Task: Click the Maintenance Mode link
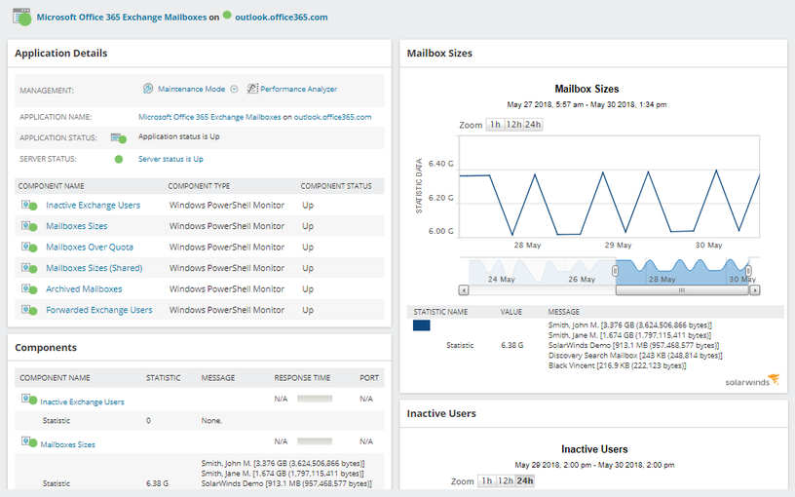(191, 89)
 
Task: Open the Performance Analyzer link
(298, 89)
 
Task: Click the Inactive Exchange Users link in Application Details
(93, 206)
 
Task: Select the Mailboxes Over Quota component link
(90, 248)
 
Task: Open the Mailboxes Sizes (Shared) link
(94, 268)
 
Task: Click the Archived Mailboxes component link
(84, 289)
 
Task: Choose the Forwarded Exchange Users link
(98, 310)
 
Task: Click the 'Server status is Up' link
(170, 159)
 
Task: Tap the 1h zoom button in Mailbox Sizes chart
(495, 125)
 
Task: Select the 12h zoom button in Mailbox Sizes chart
(513, 125)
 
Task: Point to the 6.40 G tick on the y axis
(440, 164)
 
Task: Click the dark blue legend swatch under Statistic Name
(422, 325)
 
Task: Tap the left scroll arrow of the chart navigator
(463, 289)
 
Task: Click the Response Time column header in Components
(301, 377)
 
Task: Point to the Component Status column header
(335, 185)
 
